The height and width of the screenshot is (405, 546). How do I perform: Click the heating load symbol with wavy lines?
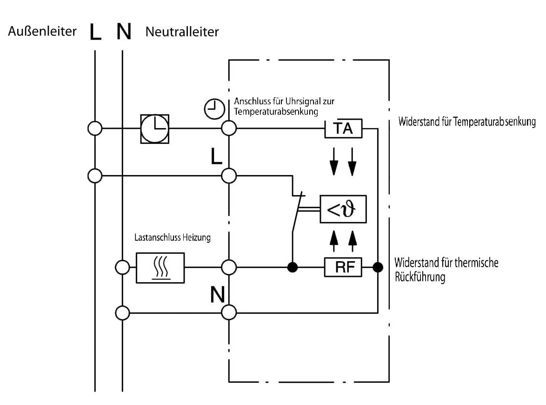[x=160, y=268]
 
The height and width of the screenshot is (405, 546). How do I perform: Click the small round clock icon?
[x=214, y=109]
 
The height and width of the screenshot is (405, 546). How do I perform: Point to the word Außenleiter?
[x=42, y=31]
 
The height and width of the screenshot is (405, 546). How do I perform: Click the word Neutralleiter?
[x=182, y=32]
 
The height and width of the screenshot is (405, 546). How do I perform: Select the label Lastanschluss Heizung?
[x=173, y=238]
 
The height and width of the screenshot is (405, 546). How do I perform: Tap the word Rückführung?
[x=420, y=277]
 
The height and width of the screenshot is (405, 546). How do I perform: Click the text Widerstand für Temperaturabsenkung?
[x=467, y=121]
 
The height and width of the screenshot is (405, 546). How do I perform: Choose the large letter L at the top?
[x=95, y=32]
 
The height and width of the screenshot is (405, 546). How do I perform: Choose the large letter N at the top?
[x=124, y=32]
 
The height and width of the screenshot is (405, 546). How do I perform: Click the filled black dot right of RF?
[x=378, y=267]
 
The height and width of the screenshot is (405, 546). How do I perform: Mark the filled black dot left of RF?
[x=293, y=267]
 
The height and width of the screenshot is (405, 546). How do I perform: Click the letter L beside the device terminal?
[x=216, y=156]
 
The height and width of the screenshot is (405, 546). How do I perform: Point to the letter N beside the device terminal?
[x=218, y=295]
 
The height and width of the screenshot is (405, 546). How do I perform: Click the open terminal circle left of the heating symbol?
[x=122, y=267]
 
